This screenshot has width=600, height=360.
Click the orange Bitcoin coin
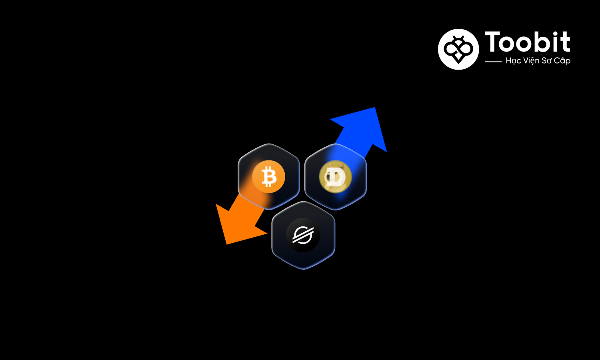click(268, 176)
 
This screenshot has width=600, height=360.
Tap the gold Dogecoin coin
click(335, 177)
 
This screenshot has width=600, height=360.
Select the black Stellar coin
click(303, 235)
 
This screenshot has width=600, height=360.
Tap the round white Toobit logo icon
click(458, 49)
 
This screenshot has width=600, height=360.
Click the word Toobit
click(527, 42)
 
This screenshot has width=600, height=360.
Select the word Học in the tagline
click(514, 61)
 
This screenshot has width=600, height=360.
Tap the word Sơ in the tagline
click(546, 61)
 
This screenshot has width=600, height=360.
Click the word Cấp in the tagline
click(562, 61)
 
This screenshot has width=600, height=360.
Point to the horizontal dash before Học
click(493, 62)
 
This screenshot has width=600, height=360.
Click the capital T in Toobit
click(492, 42)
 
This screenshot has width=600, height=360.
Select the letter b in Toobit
click(543, 42)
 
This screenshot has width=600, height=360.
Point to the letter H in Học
click(509, 61)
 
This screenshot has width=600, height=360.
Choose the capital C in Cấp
click(557, 61)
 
